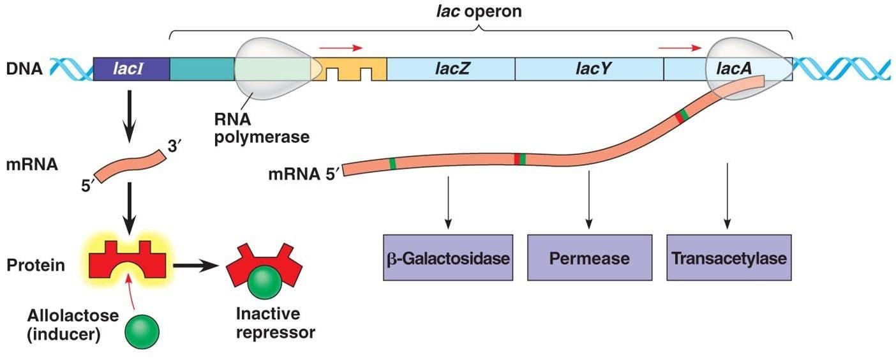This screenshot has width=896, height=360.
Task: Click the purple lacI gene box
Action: pyautogui.click(x=131, y=68)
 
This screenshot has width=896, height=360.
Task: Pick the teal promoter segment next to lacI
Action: pyautogui.click(x=202, y=68)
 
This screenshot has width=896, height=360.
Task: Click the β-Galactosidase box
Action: pyautogui.click(x=449, y=259)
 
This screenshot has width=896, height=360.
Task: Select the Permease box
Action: pyautogui.click(x=589, y=259)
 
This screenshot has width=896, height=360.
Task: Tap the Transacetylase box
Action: pyautogui.click(x=728, y=259)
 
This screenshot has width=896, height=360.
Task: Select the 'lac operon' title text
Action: pyautogui.click(x=481, y=11)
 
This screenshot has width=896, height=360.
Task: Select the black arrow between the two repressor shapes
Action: pyautogui.click(x=195, y=265)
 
